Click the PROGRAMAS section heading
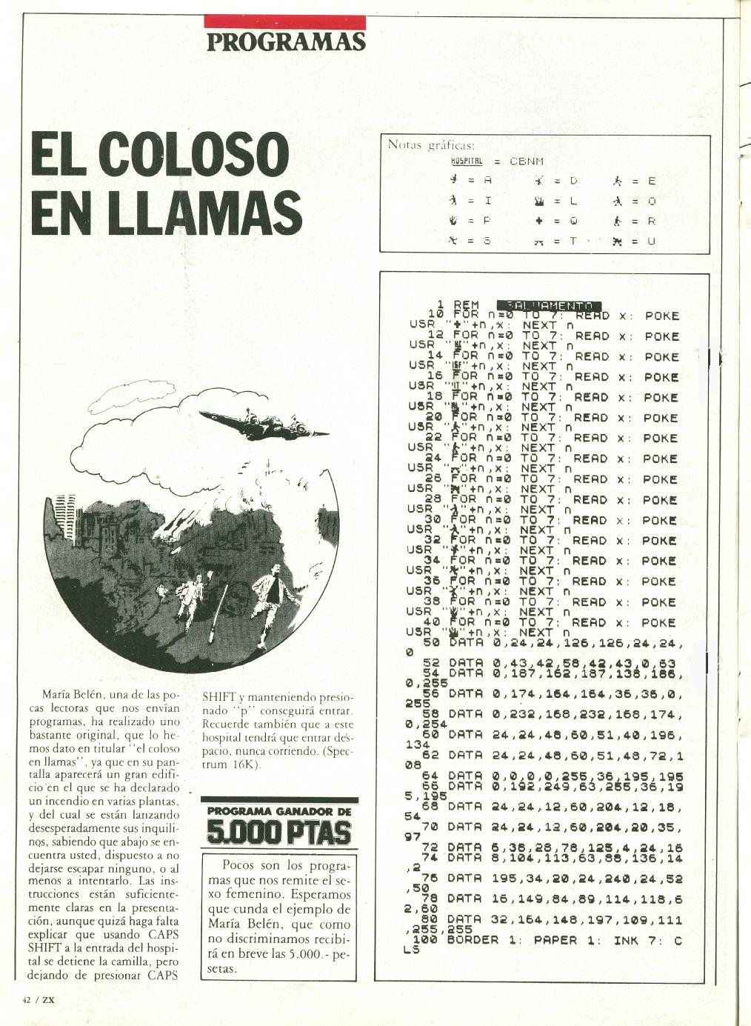click(x=286, y=41)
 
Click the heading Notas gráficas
click(x=431, y=144)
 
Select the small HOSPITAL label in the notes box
click(x=467, y=161)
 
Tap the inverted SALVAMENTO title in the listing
click(x=549, y=305)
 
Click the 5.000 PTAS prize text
click(x=278, y=832)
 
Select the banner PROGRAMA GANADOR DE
click(x=279, y=810)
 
